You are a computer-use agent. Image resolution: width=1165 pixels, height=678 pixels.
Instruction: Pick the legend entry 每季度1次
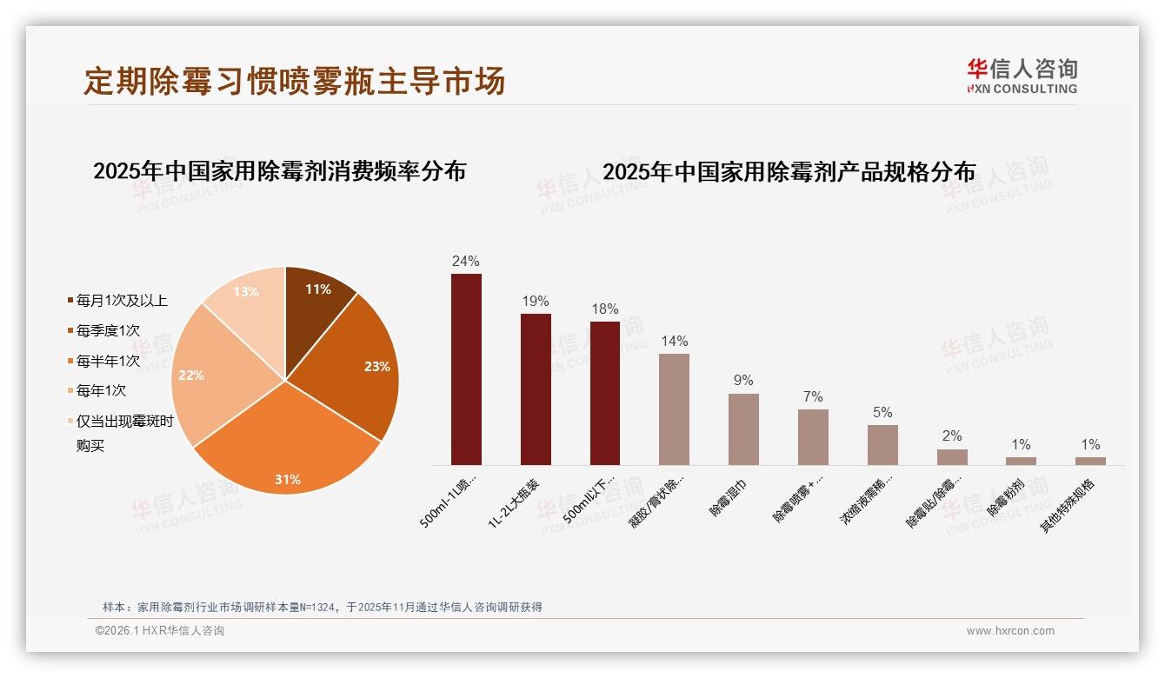(x=108, y=330)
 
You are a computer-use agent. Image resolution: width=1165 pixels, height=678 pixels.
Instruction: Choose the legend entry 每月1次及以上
(x=122, y=301)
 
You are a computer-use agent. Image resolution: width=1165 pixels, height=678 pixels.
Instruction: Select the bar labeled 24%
(x=466, y=369)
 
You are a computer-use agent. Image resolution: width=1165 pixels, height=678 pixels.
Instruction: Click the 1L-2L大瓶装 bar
(x=536, y=389)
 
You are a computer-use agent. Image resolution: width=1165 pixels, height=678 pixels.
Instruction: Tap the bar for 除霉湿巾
(x=743, y=429)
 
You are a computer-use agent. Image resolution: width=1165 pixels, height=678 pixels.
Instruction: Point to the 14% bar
(x=674, y=409)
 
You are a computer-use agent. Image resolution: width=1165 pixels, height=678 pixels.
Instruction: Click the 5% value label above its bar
(x=882, y=413)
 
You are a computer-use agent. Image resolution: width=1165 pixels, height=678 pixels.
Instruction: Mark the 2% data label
(x=952, y=436)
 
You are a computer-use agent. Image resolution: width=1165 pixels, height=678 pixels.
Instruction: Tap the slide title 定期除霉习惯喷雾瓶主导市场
(x=294, y=81)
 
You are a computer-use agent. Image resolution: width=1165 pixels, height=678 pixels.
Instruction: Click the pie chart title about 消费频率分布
(x=279, y=170)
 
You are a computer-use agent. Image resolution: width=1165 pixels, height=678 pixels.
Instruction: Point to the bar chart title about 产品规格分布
(x=789, y=171)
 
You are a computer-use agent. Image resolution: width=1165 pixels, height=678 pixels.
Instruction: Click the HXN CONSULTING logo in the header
(x=1022, y=76)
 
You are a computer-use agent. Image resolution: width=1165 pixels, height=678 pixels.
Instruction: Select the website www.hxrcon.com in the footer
(x=1010, y=631)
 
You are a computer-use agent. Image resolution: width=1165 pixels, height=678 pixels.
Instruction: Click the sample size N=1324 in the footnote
(x=321, y=608)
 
